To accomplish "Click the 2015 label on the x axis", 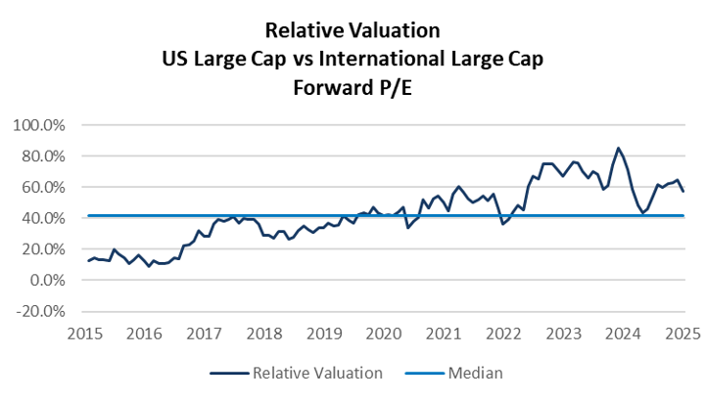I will [83, 334].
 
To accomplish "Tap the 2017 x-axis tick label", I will [203, 334].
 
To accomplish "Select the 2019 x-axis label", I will [323, 334].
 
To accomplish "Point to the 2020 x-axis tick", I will [383, 334].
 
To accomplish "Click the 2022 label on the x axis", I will [503, 334].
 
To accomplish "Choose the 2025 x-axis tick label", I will [683, 334].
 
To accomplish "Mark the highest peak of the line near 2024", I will [618, 148].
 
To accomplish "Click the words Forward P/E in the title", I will [353, 89].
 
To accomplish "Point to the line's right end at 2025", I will [683, 191].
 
